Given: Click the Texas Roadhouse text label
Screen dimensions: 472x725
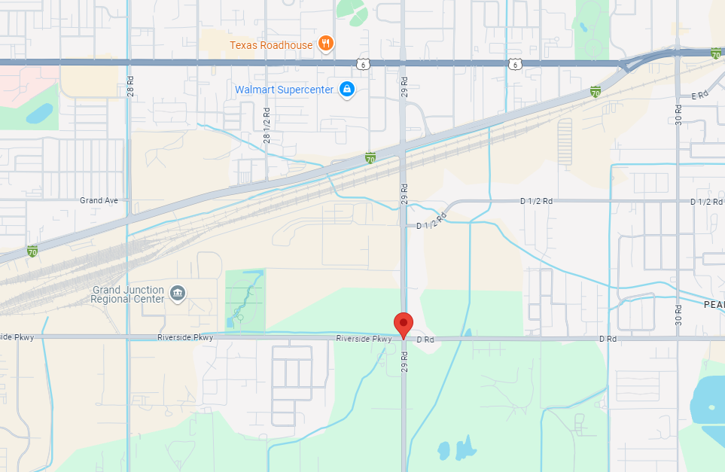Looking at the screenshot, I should point(271,45).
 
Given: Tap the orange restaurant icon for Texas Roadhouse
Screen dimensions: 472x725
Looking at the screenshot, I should point(326,43).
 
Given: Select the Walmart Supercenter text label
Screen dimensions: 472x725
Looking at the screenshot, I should point(284,90).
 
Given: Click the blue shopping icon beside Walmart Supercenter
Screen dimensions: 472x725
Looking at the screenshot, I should point(346,90).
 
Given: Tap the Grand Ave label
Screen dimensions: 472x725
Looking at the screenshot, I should point(99,200).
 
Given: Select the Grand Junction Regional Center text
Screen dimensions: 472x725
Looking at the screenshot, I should point(128,294).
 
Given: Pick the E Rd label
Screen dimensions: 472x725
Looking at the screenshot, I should point(700,95).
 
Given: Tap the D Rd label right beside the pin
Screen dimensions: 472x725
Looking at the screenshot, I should point(425,340).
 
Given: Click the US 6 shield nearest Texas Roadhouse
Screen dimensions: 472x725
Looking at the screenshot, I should point(364,65).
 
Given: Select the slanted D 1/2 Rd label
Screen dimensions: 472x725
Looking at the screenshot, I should point(431,221).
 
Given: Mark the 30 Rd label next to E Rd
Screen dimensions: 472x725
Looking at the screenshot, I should point(678,114).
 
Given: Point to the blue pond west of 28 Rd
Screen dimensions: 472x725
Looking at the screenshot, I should point(39,114).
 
